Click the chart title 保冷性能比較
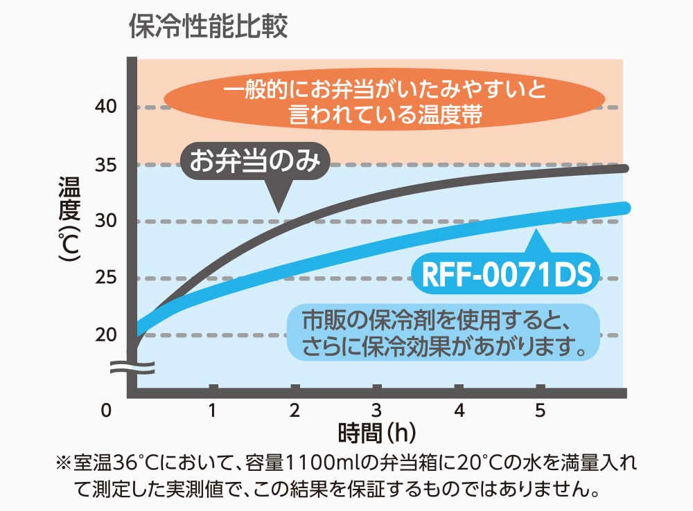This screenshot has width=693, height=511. (208, 28)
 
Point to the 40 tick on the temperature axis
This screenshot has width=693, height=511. (106, 107)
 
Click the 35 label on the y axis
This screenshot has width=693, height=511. (106, 165)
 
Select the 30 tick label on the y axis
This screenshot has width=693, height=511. (106, 222)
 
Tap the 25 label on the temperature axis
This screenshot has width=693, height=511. (106, 278)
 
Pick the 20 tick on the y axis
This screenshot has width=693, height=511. (106, 335)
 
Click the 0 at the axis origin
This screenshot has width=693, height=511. (105, 411)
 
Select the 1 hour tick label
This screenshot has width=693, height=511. (213, 411)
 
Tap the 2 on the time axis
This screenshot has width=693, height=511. (295, 411)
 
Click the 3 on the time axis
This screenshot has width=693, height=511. (376, 411)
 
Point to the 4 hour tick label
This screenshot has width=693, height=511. (458, 411)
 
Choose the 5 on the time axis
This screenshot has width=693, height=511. (540, 411)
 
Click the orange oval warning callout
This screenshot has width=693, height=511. (385, 102)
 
